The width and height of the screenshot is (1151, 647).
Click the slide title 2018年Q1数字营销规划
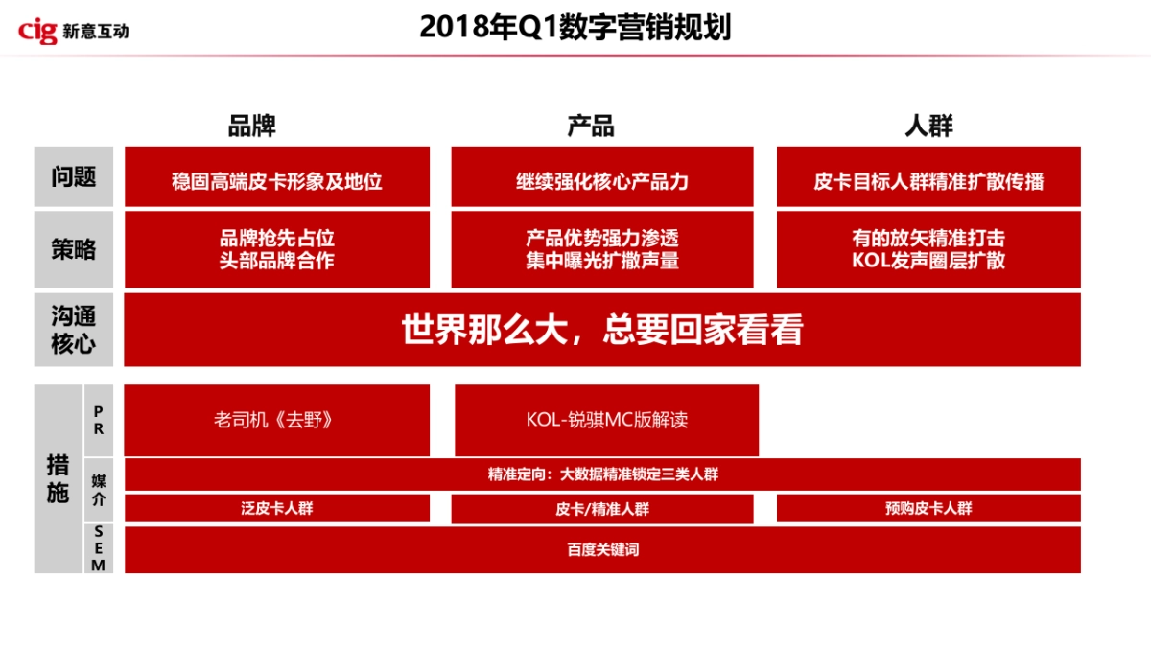click(575, 28)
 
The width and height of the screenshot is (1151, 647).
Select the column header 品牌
click(252, 127)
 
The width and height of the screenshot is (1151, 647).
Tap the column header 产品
click(591, 127)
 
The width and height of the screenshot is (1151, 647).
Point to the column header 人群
click(928, 127)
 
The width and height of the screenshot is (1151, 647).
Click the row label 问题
click(74, 177)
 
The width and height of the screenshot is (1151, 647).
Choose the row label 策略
click(74, 249)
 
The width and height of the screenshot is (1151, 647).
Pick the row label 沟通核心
click(74, 330)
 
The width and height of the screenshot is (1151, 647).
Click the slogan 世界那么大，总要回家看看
click(602, 330)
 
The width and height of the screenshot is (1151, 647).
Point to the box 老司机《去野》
click(277, 420)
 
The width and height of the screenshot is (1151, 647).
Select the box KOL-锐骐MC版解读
click(606, 420)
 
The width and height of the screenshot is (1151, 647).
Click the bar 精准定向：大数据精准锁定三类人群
click(602, 474)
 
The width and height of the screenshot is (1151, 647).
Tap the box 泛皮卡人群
click(277, 509)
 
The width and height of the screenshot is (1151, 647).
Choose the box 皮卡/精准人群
click(602, 509)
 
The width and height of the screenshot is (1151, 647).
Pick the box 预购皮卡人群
click(928, 509)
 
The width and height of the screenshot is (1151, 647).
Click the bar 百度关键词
click(602, 550)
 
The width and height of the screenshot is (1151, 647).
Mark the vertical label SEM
click(99, 548)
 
